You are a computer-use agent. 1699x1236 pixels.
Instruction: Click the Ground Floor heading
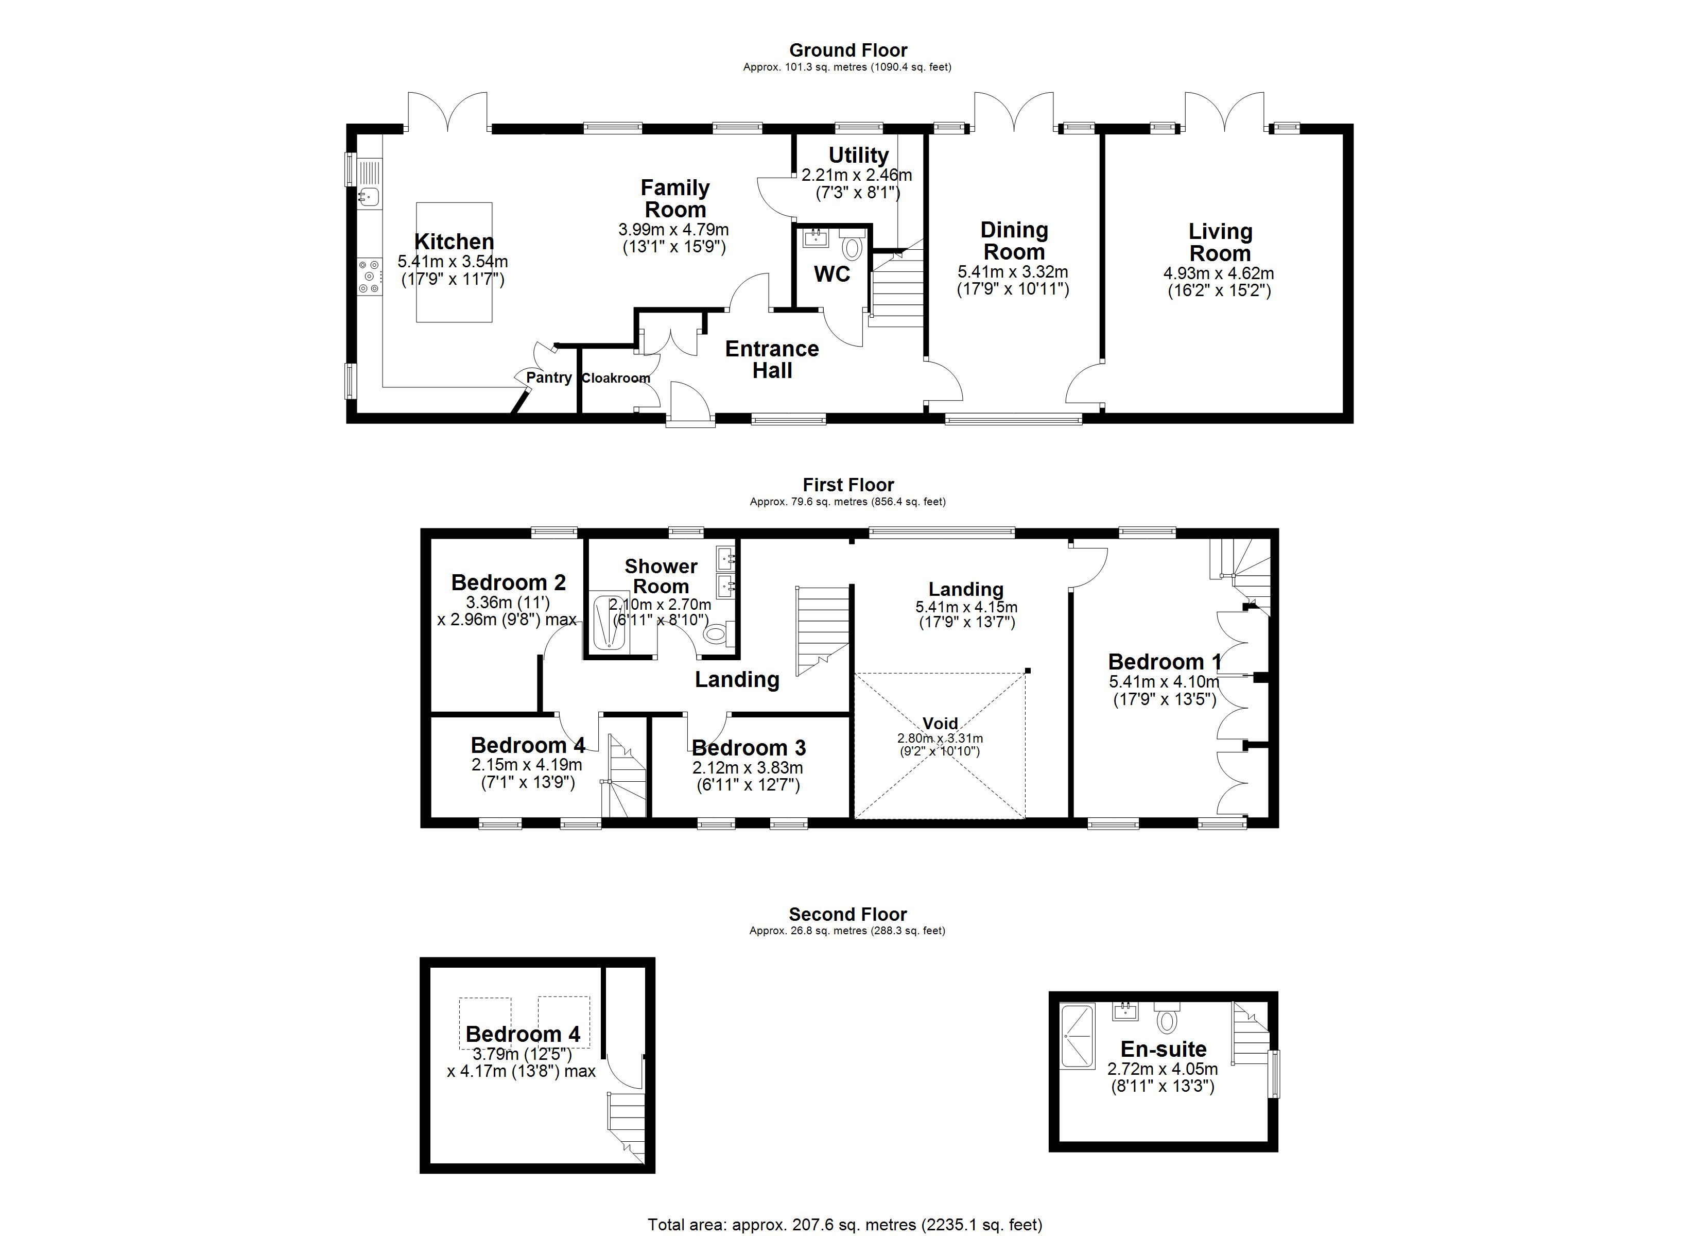[x=848, y=50]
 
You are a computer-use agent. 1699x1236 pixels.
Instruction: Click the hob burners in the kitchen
[x=369, y=277]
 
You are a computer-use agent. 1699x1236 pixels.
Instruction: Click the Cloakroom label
[x=616, y=379]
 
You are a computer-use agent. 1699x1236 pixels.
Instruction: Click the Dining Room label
[x=1014, y=241]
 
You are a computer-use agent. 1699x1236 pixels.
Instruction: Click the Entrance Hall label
[x=772, y=360]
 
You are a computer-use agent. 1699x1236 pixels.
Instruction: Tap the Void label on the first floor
[x=940, y=723]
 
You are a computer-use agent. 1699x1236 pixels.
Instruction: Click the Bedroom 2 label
[x=509, y=582]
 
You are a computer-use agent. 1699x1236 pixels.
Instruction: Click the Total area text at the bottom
[x=844, y=1225]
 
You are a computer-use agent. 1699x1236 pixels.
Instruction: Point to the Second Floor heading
[x=847, y=915]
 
